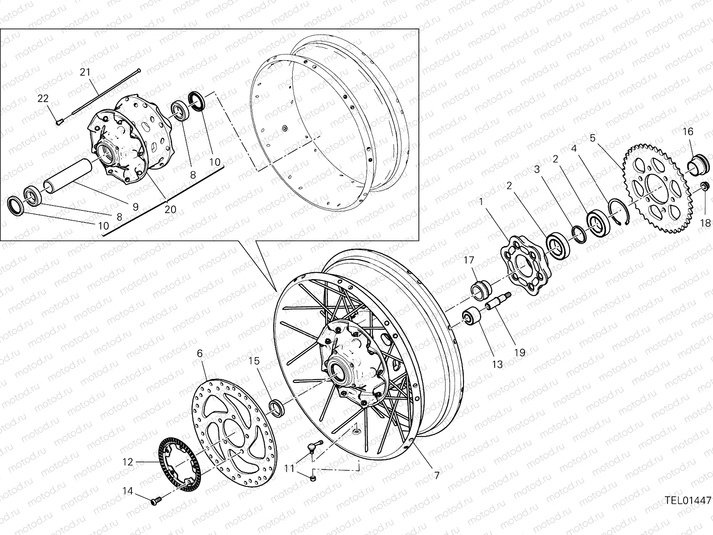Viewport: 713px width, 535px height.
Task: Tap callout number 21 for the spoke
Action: coord(85,72)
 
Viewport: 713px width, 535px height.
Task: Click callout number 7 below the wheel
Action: coord(437,476)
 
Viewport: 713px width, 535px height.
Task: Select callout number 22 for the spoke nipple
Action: coord(43,99)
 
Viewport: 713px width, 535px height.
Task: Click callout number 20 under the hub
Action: coord(171,209)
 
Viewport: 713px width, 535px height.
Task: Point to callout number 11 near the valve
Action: coord(290,468)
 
